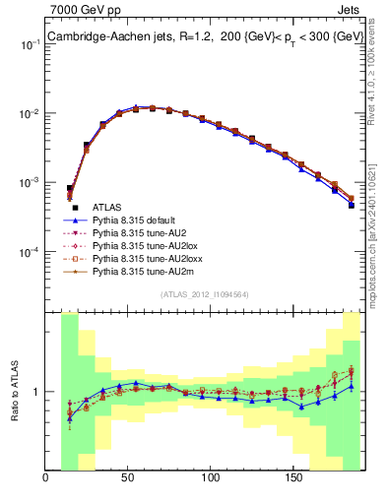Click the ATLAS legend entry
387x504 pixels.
[108, 208]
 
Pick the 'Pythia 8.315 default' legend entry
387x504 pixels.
[140, 222]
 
